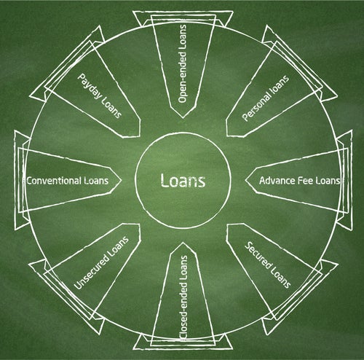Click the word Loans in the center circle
[x=183, y=180]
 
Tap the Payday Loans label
[x=99, y=95]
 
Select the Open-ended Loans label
[x=183, y=63]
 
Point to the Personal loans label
[x=266, y=98]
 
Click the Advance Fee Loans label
[x=300, y=181]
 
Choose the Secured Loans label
[x=268, y=265]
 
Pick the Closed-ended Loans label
[x=183, y=297]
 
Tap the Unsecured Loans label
[x=101, y=263]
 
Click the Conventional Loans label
[x=68, y=181]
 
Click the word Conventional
[x=54, y=181]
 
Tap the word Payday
[x=90, y=86]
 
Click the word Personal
[x=256, y=107]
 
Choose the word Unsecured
[x=92, y=272]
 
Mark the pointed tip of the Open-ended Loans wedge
[x=183, y=118]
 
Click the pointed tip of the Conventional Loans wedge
[x=121, y=181]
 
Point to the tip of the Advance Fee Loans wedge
[x=245, y=181]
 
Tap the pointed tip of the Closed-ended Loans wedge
[x=183, y=243]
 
